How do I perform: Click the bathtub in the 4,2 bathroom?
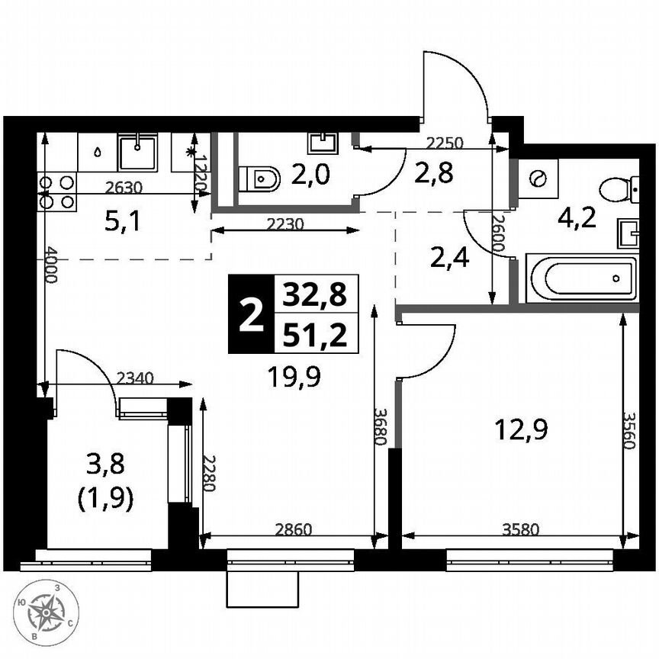coord(581,278)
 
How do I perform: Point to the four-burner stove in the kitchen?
coord(58,191)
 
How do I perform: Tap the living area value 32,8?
coord(313,294)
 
